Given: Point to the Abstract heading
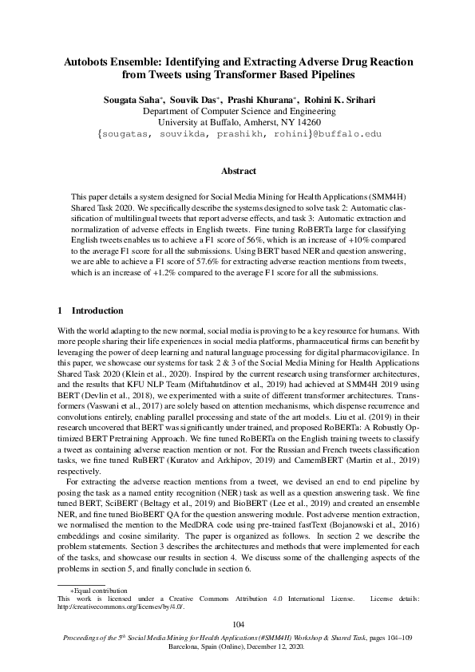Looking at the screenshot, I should tap(238, 171).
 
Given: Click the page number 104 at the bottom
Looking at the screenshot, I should tap(238, 623).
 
